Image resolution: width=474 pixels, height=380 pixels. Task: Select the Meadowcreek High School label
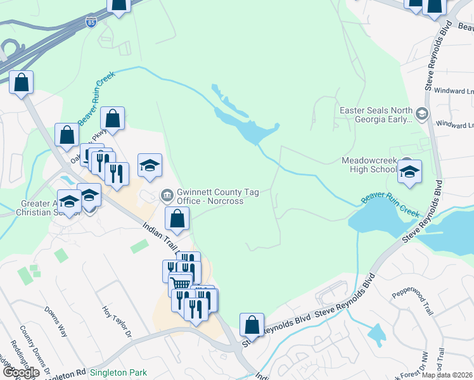(369, 165)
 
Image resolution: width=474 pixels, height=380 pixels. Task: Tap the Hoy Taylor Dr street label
(117, 321)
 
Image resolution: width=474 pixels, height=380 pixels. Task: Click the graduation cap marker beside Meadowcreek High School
(410, 172)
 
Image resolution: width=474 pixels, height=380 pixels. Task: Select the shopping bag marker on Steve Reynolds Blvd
(252, 324)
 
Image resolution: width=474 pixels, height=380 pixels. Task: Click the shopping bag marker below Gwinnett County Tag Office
(177, 218)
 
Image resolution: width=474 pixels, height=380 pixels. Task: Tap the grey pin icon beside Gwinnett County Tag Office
(168, 194)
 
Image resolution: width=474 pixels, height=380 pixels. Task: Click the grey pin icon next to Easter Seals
(423, 114)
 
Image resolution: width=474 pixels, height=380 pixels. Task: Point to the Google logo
(21, 372)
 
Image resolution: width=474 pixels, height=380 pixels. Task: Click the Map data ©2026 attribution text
(447, 375)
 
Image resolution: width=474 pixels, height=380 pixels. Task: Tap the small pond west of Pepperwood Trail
(376, 334)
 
